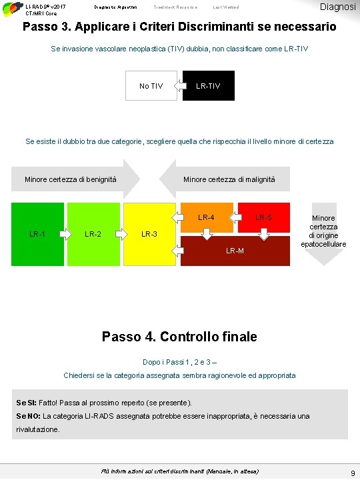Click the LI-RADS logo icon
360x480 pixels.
pos(11,9)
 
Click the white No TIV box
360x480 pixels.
pos(151,86)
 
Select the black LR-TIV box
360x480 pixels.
pos(208,86)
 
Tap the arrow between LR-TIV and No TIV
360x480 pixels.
pos(179,86)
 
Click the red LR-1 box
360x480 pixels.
pos(37,234)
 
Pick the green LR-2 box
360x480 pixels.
pos(93,234)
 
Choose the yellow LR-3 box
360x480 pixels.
pos(149,234)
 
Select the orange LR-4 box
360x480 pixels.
pos(206,217)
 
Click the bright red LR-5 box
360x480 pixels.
pos(264,217)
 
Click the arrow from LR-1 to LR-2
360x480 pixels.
pos(65,234)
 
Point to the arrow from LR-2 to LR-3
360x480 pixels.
pos(122,234)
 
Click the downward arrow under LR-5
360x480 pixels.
pos(264,233)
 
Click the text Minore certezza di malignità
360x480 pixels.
pos(229,179)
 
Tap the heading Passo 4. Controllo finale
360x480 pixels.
pos(179,337)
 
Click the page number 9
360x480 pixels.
pos(352,473)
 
